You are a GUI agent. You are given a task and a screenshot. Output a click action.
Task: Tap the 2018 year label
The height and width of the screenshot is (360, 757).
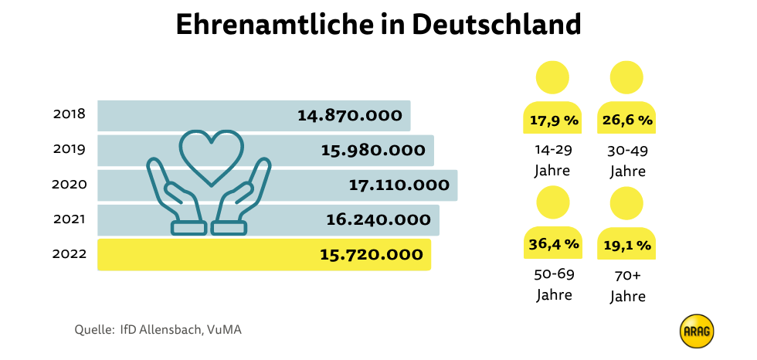(x=70, y=114)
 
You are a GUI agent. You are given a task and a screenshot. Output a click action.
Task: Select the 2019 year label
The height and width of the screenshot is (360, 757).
(x=70, y=149)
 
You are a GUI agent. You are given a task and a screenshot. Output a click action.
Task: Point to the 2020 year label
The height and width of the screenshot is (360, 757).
(x=70, y=185)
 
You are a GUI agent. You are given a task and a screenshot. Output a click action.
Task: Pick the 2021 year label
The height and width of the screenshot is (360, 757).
(x=70, y=219)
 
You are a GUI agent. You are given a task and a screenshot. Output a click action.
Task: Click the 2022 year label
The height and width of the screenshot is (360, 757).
(x=70, y=254)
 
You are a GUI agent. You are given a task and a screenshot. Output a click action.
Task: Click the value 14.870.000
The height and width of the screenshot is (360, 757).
(x=350, y=115)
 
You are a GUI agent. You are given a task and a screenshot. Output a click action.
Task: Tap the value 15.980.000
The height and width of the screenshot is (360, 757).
(x=373, y=150)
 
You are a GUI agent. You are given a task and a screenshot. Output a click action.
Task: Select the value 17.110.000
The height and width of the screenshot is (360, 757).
(x=399, y=185)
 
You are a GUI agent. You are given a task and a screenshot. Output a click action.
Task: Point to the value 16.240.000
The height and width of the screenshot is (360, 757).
(x=378, y=219)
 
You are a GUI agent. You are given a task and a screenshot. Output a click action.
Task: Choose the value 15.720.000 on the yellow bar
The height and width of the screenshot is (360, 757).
(x=372, y=254)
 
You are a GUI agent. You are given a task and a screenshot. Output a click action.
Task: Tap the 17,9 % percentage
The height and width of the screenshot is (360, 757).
(x=552, y=121)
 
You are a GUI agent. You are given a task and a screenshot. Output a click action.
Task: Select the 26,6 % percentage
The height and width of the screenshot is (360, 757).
(x=627, y=121)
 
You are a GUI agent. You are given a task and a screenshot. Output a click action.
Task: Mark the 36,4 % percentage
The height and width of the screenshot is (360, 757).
(x=552, y=245)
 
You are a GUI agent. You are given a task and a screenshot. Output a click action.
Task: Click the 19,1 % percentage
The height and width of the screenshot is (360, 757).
(x=627, y=246)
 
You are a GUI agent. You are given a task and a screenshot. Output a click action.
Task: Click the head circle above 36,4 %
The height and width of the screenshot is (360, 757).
(x=552, y=203)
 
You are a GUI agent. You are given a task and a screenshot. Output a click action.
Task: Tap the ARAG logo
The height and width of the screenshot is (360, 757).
(x=697, y=331)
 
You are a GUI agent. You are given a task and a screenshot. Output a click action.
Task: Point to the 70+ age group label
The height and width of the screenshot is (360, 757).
(x=627, y=274)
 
